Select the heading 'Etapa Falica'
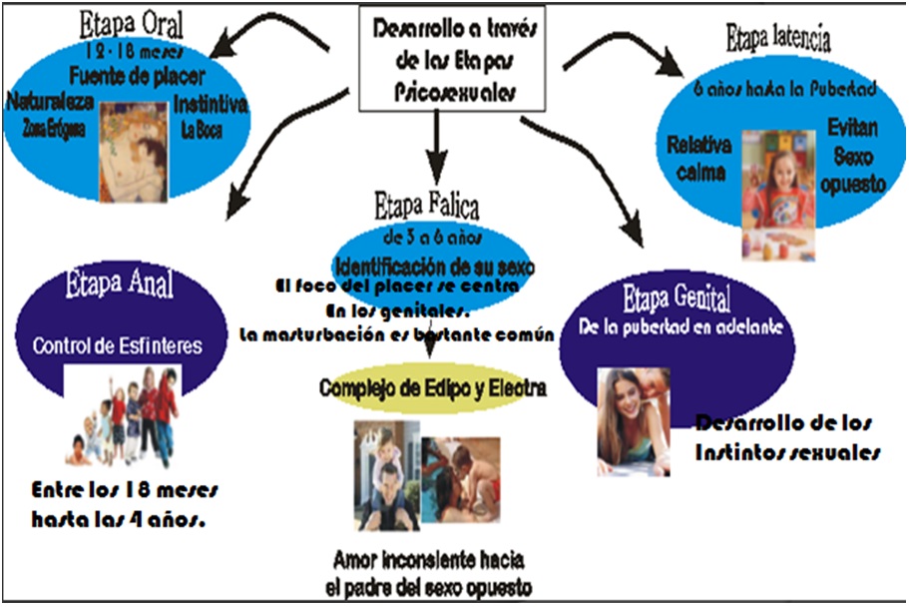click(426, 209)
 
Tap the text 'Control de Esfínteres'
click(118, 347)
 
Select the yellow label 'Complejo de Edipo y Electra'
click(432, 387)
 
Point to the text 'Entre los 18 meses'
click(124, 493)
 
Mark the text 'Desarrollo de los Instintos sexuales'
click(786, 437)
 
